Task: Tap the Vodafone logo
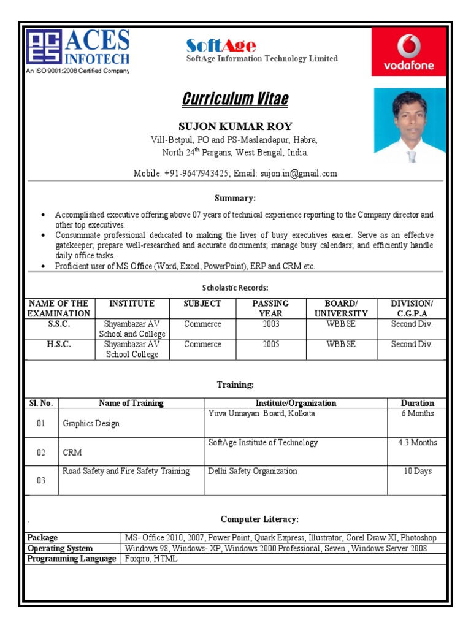pyautogui.click(x=409, y=54)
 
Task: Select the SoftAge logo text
pyautogui.click(x=221, y=45)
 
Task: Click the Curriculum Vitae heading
pyautogui.click(x=235, y=99)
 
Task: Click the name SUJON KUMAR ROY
pyautogui.click(x=235, y=126)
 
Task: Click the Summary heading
pyautogui.click(x=235, y=198)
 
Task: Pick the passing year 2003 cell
pyautogui.click(x=270, y=324)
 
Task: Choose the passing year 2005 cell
pyautogui.click(x=270, y=344)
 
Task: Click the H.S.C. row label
pyautogui.click(x=59, y=344)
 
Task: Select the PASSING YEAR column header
pyautogui.click(x=270, y=308)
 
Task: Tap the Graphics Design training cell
pyautogui.click(x=91, y=423)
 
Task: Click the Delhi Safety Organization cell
pyautogui.click(x=253, y=471)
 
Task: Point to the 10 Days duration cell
pyautogui.click(x=417, y=471)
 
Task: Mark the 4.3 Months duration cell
pyautogui.click(x=417, y=442)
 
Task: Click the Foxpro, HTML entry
pyautogui.click(x=151, y=559)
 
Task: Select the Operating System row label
pyautogui.click(x=60, y=548)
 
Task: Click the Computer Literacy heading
pyautogui.click(x=259, y=519)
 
